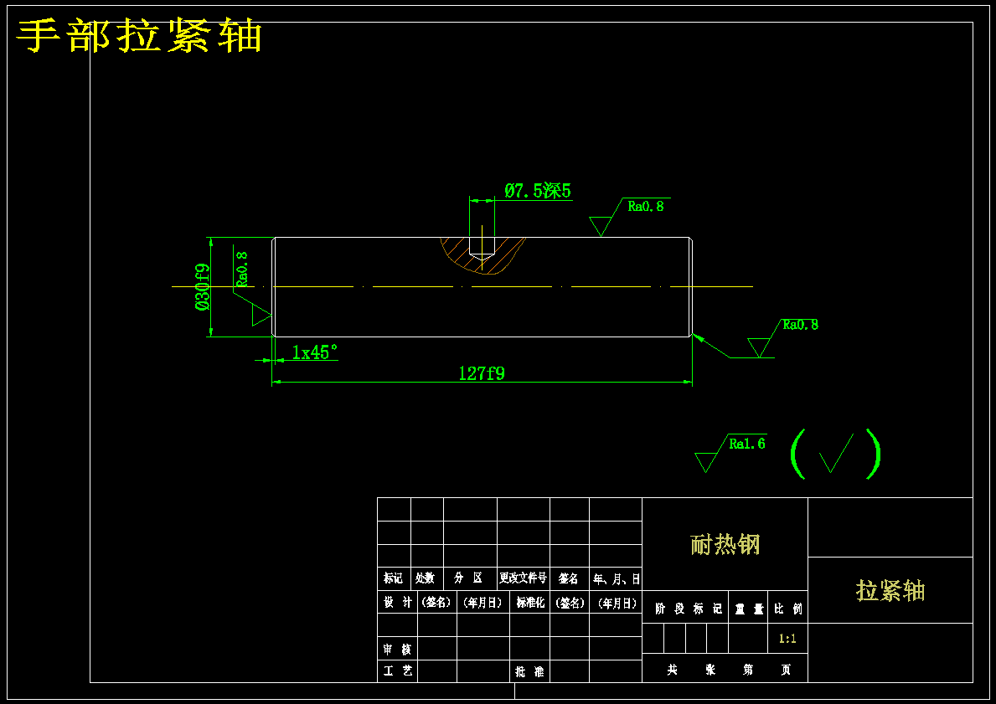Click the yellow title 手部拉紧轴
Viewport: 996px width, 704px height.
140,37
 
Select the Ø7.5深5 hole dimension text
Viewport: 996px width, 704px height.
538,191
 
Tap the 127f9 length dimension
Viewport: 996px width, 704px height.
482,373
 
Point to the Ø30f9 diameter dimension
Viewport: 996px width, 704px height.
202,287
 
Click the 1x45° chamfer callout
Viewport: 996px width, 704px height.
314,352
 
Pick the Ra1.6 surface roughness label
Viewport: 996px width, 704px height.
746,444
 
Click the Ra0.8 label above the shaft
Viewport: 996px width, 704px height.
646,206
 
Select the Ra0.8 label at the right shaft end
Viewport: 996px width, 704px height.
800,325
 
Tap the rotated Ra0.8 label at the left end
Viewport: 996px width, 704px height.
241,270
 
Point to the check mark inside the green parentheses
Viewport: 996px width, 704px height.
836,453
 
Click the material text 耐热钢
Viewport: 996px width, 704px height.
725,545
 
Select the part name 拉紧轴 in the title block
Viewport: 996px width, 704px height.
890,590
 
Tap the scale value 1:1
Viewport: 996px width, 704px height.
787,639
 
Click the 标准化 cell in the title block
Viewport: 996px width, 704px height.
529,602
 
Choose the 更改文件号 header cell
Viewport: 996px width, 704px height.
523,578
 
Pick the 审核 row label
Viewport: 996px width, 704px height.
397,649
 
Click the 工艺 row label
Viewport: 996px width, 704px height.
397,671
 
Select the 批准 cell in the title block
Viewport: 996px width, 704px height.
529,671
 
